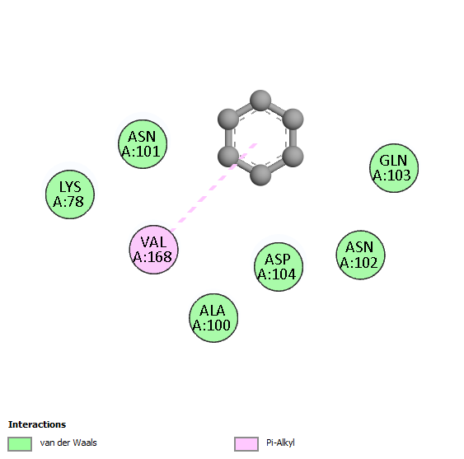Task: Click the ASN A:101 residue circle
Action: tap(143, 144)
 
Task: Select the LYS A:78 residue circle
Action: tap(70, 194)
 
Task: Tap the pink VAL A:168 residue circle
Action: tap(153, 250)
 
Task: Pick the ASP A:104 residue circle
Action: tap(279, 267)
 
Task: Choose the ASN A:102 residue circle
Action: tap(360, 255)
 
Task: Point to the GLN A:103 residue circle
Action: tap(394, 168)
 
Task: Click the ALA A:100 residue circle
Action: tap(213, 318)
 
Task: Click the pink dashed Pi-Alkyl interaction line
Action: tap(213, 187)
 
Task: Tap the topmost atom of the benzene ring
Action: tap(260, 101)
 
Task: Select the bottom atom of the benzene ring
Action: tap(260, 176)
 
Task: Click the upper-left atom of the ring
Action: tap(228, 119)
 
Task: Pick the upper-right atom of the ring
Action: tap(293, 119)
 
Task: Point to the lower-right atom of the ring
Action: tap(293, 157)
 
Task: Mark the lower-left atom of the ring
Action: tap(228, 157)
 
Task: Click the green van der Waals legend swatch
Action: tap(20, 444)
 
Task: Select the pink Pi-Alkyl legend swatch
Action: tap(246, 444)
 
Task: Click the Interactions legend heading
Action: tap(37, 424)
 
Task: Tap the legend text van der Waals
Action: tap(68, 443)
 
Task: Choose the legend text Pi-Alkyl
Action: tap(280, 443)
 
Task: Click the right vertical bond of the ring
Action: tap(293, 138)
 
